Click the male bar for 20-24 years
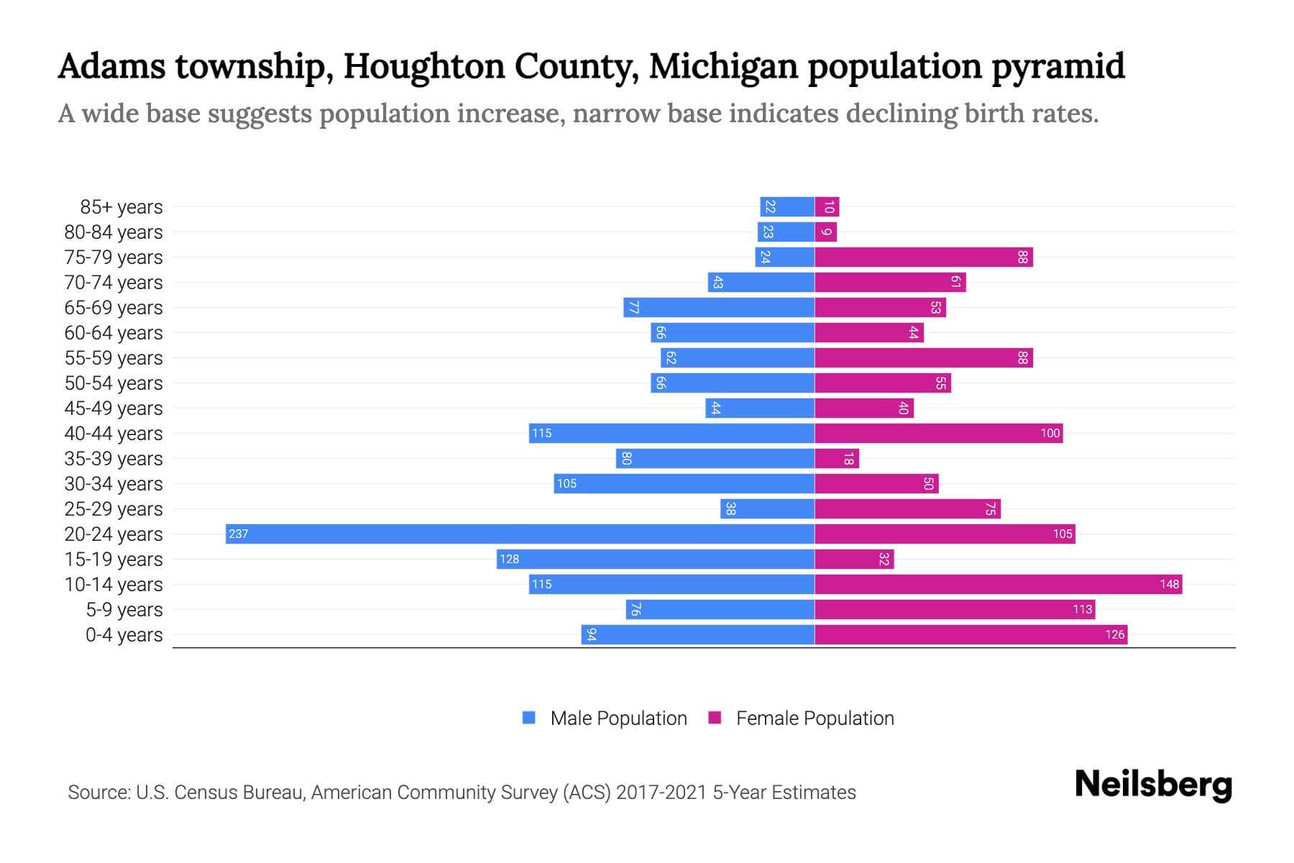click(x=520, y=534)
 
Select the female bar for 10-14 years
click(x=998, y=584)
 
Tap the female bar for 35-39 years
click(x=836, y=458)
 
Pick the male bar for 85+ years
click(x=787, y=206)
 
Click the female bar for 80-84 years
click(x=825, y=232)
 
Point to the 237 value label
click(x=238, y=534)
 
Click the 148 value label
click(x=1169, y=584)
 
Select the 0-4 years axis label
click(x=124, y=635)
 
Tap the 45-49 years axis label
click(x=114, y=408)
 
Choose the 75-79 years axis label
click(x=114, y=257)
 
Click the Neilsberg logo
click(x=1153, y=785)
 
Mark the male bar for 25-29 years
click(x=767, y=508)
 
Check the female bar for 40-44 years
click(x=938, y=433)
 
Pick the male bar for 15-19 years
click(x=655, y=559)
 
